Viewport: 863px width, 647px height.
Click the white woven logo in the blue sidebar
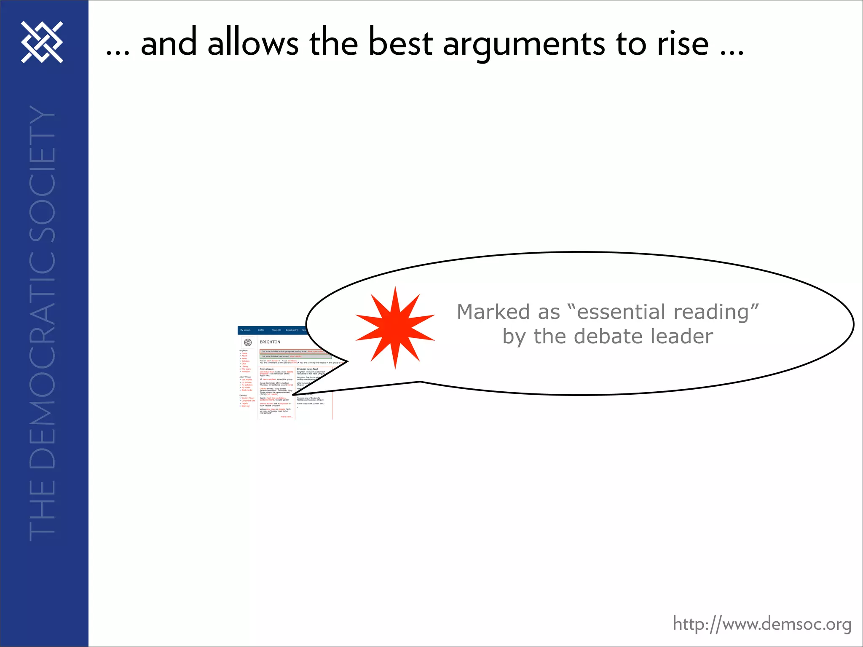[42, 42]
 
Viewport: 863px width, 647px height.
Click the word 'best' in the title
[400, 43]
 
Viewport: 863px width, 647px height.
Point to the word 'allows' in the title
[253, 43]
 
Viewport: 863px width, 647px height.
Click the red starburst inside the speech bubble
[395, 328]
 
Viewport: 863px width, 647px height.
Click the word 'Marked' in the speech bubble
[493, 312]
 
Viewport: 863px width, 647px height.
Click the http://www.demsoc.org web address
[762, 624]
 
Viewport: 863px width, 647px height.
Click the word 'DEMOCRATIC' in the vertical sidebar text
[42, 345]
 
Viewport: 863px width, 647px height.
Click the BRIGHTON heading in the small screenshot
[270, 342]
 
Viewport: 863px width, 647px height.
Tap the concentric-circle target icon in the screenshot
[248, 342]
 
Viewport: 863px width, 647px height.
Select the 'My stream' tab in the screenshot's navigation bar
[245, 330]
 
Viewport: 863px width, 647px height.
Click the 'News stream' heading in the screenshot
[266, 369]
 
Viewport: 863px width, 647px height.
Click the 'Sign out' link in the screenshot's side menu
[245, 406]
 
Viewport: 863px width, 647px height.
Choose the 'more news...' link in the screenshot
[287, 417]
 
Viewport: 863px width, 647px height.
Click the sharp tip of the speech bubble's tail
[292, 395]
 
